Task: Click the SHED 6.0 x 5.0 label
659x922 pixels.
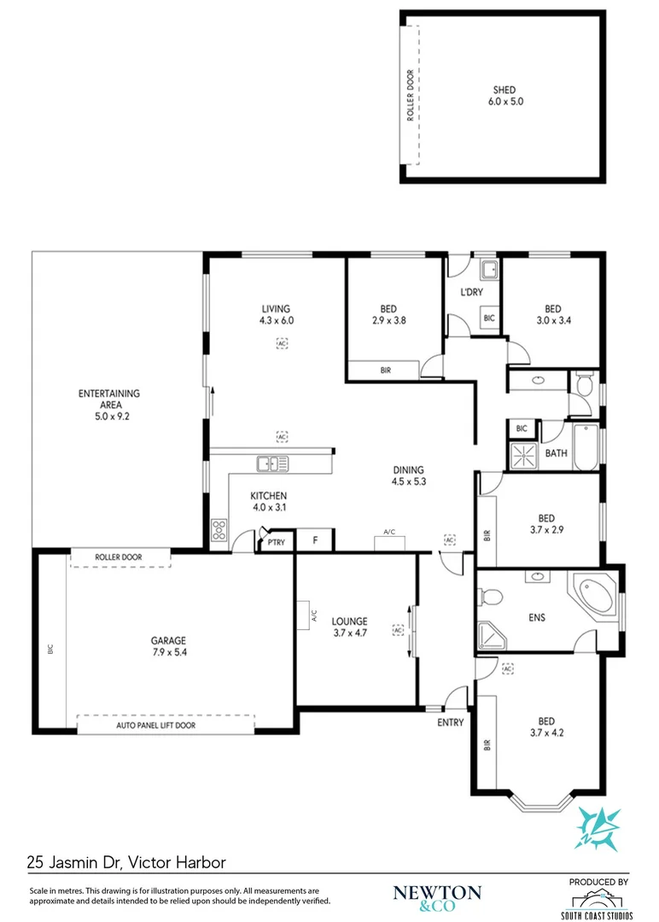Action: click(504, 95)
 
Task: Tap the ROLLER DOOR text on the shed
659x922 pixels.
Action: click(411, 96)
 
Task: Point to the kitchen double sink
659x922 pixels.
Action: click(272, 464)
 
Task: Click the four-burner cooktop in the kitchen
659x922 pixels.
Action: click(219, 531)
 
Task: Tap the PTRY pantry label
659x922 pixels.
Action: click(276, 541)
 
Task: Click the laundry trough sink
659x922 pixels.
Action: click(489, 271)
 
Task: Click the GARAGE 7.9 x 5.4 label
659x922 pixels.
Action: click(168, 645)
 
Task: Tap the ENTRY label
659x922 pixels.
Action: click(450, 722)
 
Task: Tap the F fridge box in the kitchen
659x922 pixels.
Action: click(315, 540)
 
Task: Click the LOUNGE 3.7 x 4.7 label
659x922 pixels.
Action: click(349, 627)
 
